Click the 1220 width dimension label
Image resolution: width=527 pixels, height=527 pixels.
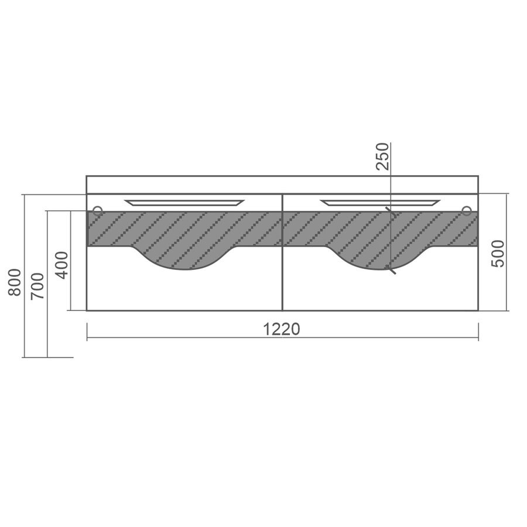pyautogui.click(x=281, y=329)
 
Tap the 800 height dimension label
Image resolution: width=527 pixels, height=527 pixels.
pyautogui.click(x=15, y=282)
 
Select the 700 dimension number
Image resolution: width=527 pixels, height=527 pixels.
pyautogui.click(x=37, y=286)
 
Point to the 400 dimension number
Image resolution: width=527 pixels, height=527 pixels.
pyautogui.click(x=61, y=265)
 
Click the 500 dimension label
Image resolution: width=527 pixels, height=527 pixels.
pyautogui.click(x=498, y=254)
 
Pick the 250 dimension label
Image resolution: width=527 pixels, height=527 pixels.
pyautogui.click(x=382, y=156)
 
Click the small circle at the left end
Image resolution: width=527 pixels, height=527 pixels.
pyautogui.click(x=97, y=211)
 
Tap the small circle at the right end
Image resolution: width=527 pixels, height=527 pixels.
pyautogui.click(x=467, y=211)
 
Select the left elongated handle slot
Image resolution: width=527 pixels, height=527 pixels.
pyautogui.click(x=184, y=203)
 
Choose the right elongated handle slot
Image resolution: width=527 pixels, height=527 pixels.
pyautogui.click(x=380, y=203)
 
